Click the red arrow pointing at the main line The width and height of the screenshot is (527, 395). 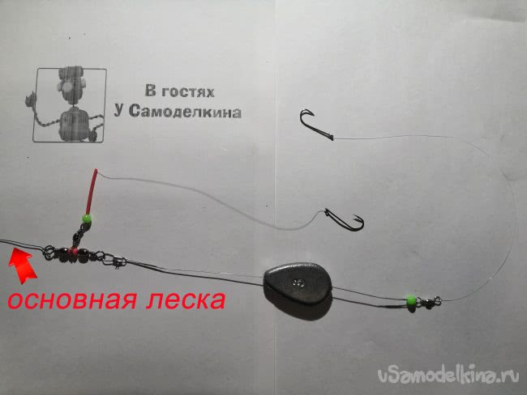click(x=22, y=265)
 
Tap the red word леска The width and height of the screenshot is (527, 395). click(x=186, y=299)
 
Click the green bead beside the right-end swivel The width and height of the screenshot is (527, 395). click(x=410, y=299)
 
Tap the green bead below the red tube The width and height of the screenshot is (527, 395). click(x=87, y=219)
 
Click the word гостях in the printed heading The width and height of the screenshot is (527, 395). click(x=187, y=91)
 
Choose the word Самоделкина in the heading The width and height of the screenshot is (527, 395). click(x=185, y=112)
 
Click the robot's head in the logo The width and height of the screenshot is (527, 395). click(x=71, y=87)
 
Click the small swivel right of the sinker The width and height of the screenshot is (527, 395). click(x=428, y=300)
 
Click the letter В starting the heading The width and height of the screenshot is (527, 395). click(x=150, y=91)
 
